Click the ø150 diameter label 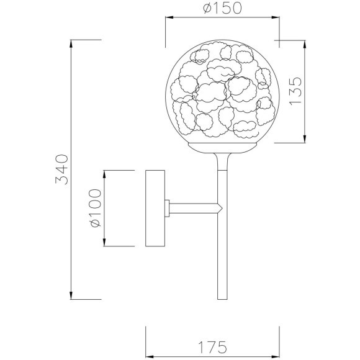(221, 8)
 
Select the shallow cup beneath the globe (222, 146)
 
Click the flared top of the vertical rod (222, 155)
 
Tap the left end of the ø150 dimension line (165, 18)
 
